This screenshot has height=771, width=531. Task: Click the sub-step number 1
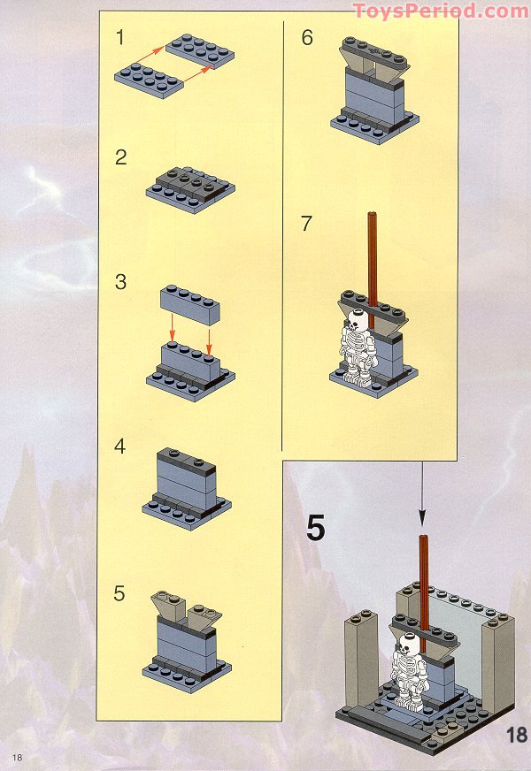pos(120,38)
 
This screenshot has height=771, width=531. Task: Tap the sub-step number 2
pos(120,157)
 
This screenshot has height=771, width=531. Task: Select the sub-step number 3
pos(120,282)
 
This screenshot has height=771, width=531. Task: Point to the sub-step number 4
pos(120,447)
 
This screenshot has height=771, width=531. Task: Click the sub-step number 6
pos(307,38)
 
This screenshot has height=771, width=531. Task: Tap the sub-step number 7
pos(306,223)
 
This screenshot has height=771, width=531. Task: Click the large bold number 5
pos(316,528)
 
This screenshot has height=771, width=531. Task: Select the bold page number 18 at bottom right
pos(517,735)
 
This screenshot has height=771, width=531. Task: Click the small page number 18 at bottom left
pos(17,757)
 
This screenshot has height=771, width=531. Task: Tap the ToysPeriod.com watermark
pos(441,11)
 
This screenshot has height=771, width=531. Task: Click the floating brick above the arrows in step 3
pos(190,304)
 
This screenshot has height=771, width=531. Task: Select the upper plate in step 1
pos(200,50)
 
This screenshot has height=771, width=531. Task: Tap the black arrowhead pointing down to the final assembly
pos(422,519)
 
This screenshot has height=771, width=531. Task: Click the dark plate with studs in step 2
pos(191,183)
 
